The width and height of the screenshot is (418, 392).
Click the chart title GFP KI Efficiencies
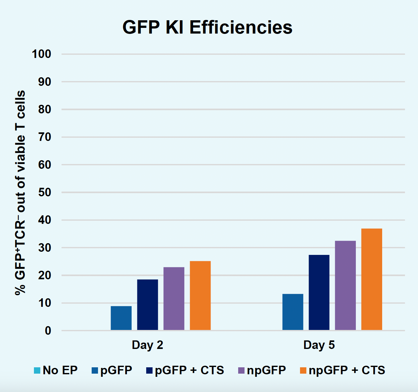pos(207,27)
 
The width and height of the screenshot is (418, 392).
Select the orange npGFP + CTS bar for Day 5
pos(371,279)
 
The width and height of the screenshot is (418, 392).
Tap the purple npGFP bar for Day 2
pos(174,299)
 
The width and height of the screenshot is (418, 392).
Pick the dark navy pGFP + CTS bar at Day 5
pos(319,292)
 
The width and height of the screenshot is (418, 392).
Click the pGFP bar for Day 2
pos(121,318)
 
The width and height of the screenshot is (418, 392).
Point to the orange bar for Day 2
pos(200,295)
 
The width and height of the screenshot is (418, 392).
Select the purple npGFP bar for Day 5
pos(345,285)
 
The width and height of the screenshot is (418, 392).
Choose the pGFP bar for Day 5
pos(292,312)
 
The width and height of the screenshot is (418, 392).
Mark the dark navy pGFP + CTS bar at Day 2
pos(147,305)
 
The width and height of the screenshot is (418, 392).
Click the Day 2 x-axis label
pos(147,345)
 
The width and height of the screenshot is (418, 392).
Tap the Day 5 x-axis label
pos(319,345)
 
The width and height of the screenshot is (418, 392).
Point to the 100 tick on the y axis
pos(41,54)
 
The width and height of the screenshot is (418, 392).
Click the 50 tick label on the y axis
pos(44,192)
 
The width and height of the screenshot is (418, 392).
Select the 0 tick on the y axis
pos(48,331)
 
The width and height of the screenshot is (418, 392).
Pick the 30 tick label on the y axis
pos(44,248)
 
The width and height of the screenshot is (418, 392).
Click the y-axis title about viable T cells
pos(20,193)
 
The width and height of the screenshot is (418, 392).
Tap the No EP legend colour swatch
pos(37,370)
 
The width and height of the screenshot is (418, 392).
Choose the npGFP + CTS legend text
pos(347,370)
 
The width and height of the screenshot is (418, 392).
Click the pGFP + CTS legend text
pos(189,370)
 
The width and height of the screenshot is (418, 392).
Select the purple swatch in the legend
pos(241,370)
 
